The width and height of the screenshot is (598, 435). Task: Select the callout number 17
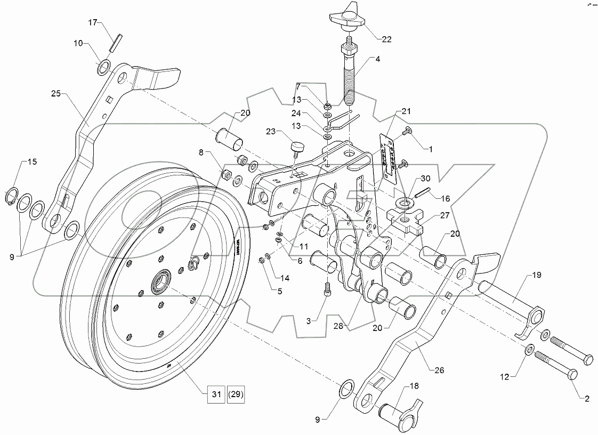tap(93, 22)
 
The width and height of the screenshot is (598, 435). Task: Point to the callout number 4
tap(377, 59)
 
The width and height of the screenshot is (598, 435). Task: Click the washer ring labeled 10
tap(104, 68)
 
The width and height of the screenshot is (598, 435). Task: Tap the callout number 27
tap(445, 216)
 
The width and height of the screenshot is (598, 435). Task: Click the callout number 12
tap(504, 376)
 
